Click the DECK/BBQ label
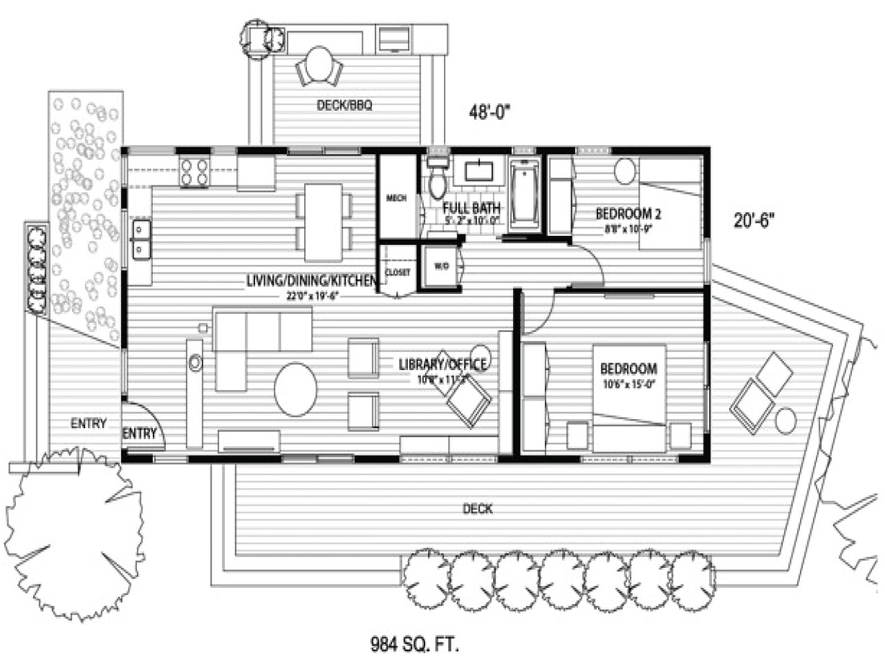pos(344,105)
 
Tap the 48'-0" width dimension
pos(490,112)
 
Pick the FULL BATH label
pos(472,207)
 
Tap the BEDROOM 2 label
pos(624,214)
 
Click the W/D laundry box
pos(441,266)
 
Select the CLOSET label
pos(398,273)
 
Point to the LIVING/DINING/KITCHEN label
pos(311,281)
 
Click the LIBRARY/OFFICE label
pos(442,365)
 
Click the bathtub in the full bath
pos(525,194)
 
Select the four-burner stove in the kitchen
pos(194,172)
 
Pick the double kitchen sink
pos(140,239)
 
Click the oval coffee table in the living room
pos(296,389)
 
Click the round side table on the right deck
pos(785,420)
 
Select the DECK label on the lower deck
pos(478,509)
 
